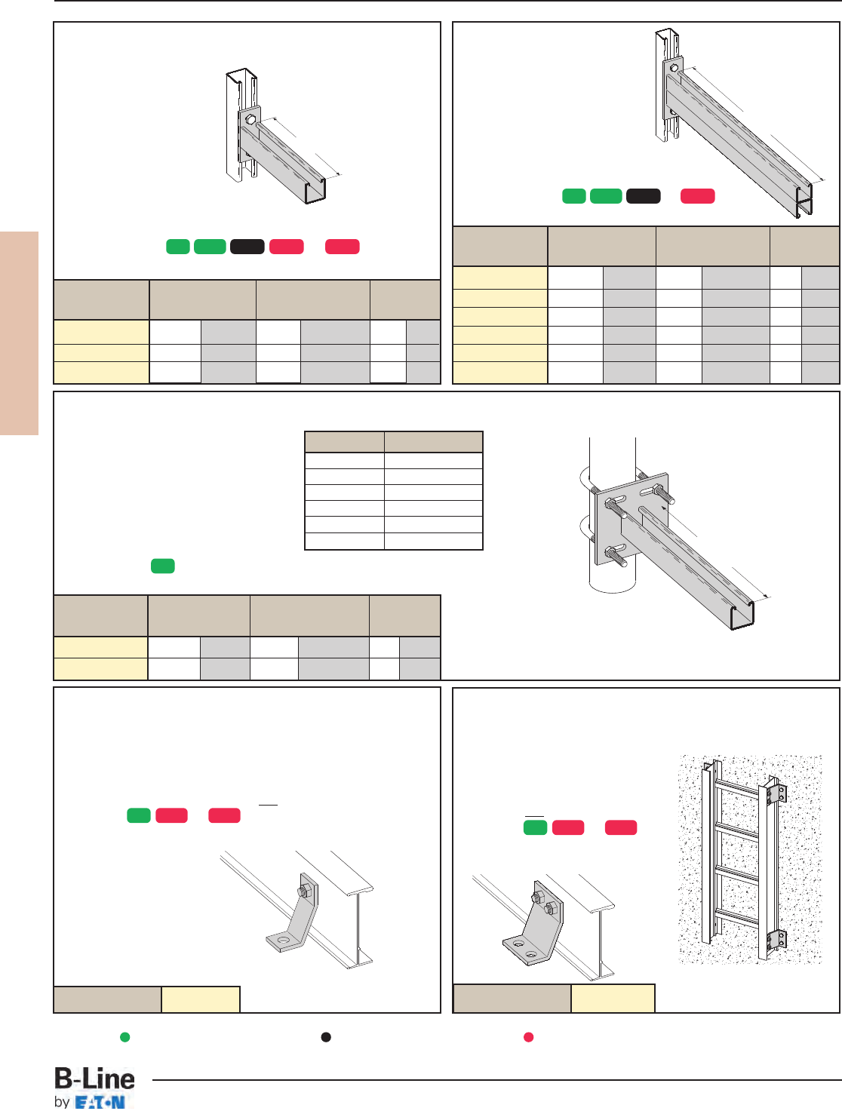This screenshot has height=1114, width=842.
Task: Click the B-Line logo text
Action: (94, 1079)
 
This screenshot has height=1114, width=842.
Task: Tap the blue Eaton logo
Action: (100, 1103)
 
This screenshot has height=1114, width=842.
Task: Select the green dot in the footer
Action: (124, 1037)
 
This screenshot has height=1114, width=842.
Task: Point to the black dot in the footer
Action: (327, 1037)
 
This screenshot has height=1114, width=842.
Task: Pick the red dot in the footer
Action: (528, 1037)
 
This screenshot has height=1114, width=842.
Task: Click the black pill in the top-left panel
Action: (247, 247)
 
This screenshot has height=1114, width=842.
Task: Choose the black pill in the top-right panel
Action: (644, 196)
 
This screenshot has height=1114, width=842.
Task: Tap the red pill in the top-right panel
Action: (698, 196)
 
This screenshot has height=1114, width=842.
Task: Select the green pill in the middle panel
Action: (163, 566)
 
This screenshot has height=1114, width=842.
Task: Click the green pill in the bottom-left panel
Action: (139, 815)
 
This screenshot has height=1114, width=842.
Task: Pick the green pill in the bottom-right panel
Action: (536, 827)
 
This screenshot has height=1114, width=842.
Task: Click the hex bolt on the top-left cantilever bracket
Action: (250, 120)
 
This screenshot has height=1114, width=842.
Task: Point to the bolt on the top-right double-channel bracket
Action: (674, 67)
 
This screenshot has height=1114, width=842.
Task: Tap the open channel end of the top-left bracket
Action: (315, 192)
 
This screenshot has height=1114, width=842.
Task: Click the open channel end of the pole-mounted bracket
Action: (742, 615)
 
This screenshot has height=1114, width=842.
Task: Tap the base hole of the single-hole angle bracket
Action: (284, 941)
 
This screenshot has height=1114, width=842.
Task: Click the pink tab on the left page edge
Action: (20, 333)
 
